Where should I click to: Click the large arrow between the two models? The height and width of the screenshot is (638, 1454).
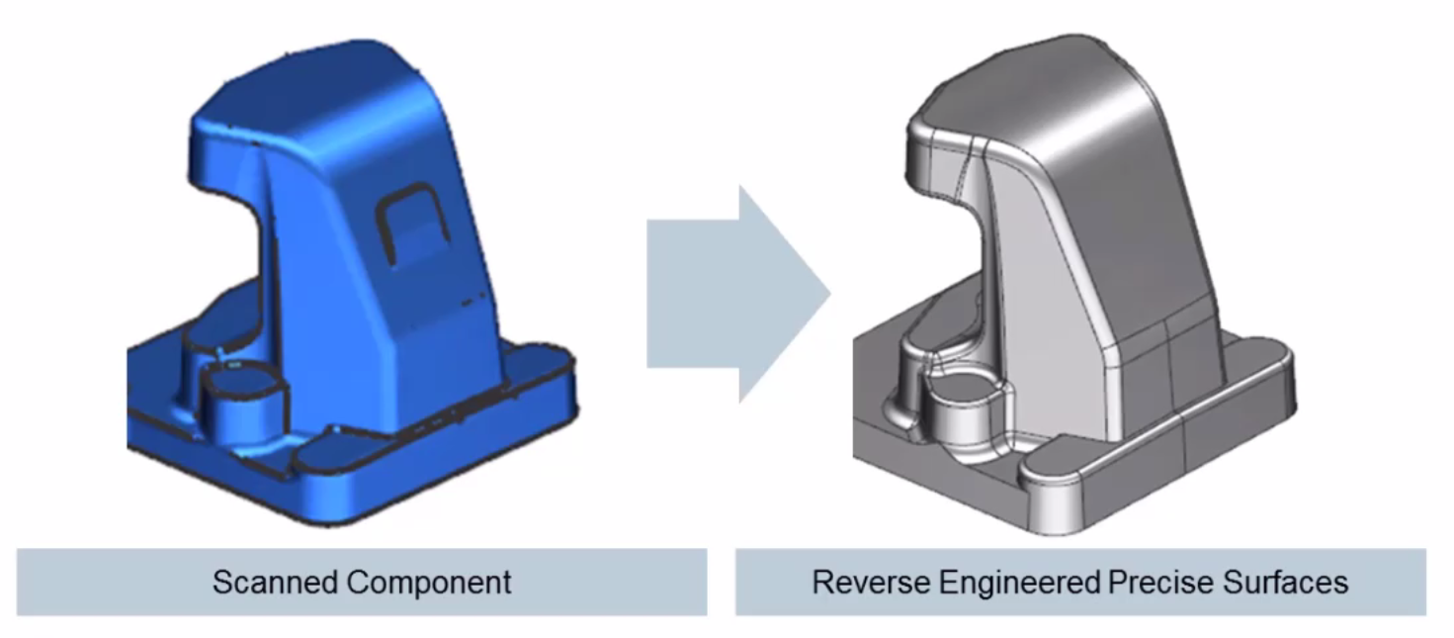pos(736,294)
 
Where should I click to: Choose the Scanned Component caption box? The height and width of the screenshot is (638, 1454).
pos(362,583)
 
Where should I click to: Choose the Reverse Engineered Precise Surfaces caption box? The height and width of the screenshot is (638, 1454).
pos(1080,583)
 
